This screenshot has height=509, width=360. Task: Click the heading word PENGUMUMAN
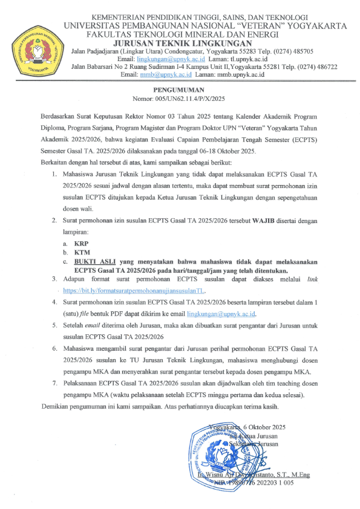[179, 88]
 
